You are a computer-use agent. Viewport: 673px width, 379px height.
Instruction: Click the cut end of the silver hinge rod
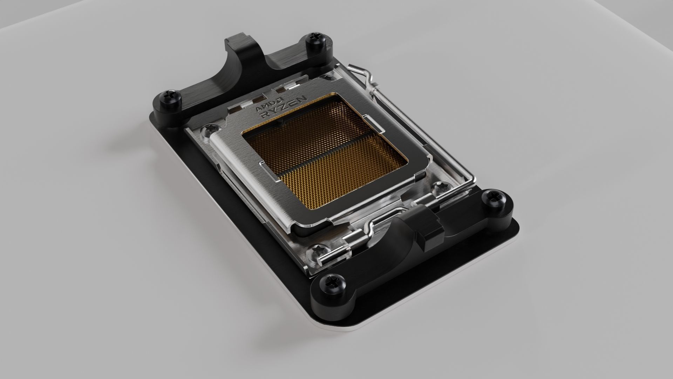point(322,261)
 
